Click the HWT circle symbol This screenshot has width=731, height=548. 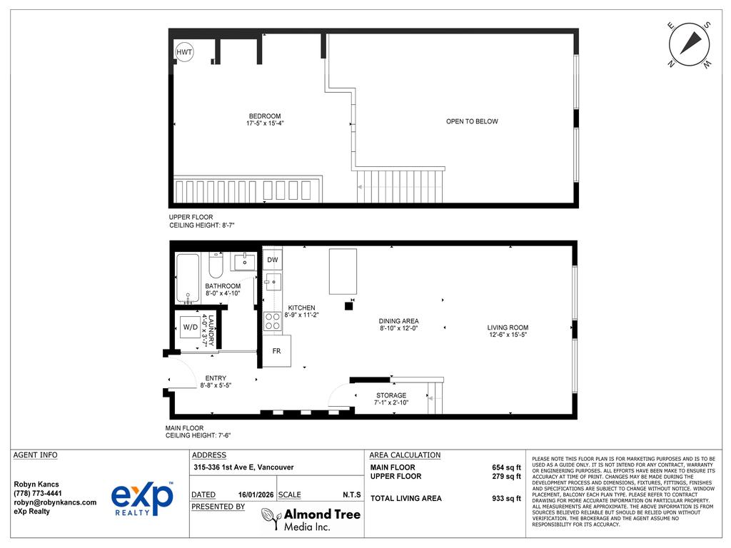(x=184, y=52)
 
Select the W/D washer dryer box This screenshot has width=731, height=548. (x=191, y=328)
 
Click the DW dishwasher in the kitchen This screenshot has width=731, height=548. (x=273, y=260)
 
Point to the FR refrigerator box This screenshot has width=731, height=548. (x=276, y=352)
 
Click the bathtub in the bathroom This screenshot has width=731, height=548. (x=188, y=279)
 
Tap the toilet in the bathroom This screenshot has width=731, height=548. (x=216, y=265)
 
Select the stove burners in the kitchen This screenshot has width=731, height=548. (x=273, y=321)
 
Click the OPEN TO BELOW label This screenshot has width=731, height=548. (x=472, y=121)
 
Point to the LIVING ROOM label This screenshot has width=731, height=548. (x=508, y=328)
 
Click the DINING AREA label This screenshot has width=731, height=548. (x=398, y=321)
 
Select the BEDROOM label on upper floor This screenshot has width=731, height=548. (x=264, y=116)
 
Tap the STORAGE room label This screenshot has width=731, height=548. (x=391, y=395)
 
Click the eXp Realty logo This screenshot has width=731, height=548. (x=142, y=498)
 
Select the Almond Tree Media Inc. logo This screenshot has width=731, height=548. (x=311, y=519)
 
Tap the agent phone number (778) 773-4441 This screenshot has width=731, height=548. (x=38, y=493)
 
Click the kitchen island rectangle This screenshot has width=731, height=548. (x=343, y=271)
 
